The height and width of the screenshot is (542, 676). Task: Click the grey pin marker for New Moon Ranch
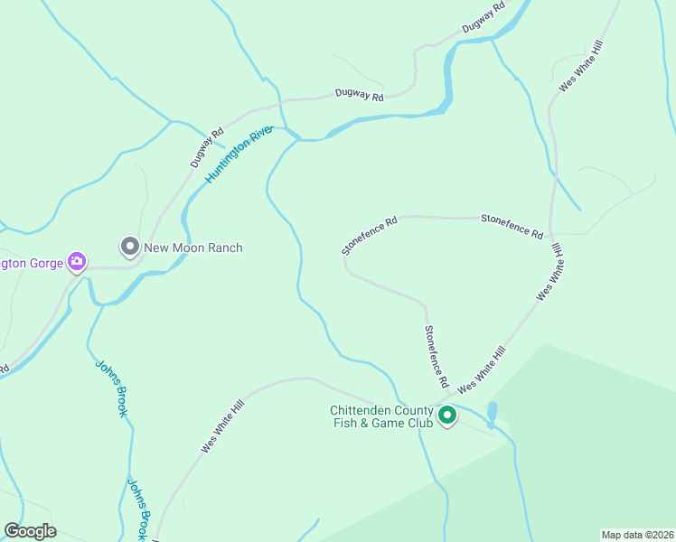[x=130, y=246]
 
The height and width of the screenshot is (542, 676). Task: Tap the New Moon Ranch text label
[x=193, y=248]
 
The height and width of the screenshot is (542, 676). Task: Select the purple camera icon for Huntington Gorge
[x=77, y=263]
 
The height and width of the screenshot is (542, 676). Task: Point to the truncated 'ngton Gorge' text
[x=32, y=263]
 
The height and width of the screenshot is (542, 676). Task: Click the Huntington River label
[x=239, y=154]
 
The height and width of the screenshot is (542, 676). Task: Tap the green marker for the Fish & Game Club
[x=446, y=416]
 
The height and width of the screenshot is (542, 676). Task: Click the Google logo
[x=30, y=531]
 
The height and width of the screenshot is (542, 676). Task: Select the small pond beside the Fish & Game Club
[x=492, y=414]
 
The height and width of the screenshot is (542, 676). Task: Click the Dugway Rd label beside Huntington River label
[x=207, y=148]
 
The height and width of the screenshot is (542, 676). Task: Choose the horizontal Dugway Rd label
[x=359, y=94]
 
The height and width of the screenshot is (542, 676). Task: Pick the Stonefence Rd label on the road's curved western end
[x=370, y=234]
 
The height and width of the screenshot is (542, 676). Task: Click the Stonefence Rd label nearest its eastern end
[x=512, y=226]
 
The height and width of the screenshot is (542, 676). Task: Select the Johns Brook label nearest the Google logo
[x=136, y=509]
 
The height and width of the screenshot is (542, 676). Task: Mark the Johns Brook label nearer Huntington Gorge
[x=111, y=388]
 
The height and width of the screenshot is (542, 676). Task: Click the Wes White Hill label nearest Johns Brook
[x=222, y=427]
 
